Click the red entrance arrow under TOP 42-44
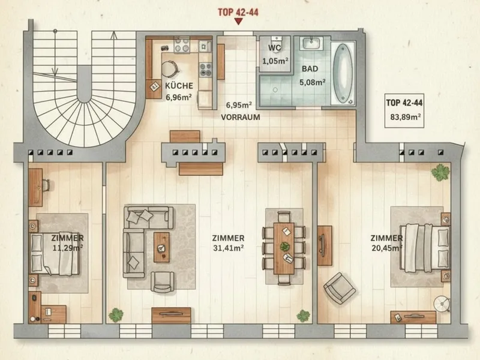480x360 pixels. pyautogui.click(x=238, y=22)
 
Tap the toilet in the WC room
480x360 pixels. pyautogui.click(x=277, y=41)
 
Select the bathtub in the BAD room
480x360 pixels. pyautogui.click(x=343, y=74)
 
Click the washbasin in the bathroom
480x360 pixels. pyautogui.click(x=311, y=43)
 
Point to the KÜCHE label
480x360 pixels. pyautogui.click(x=179, y=86)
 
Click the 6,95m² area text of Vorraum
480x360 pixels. pyautogui.click(x=239, y=106)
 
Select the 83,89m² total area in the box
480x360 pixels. pyautogui.click(x=406, y=116)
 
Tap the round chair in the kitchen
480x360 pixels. pyautogui.click(x=169, y=69)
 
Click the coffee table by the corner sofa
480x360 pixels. pyautogui.click(x=161, y=247)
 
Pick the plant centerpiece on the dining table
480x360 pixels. pyautogui.click(x=284, y=246)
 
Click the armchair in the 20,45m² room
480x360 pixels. pyautogui.click(x=340, y=289)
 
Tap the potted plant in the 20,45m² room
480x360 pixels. pyautogui.click(x=440, y=172)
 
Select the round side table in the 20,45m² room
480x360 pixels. pyautogui.click(x=442, y=304)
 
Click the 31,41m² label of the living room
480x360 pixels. pyautogui.click(x=229, y=248)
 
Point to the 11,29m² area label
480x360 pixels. pyautogui.click(x=68, y=248)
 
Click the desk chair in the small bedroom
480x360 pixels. pyautogui.click(x=46, y=185)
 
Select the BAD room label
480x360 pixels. pyautogui.click(x=310, y=69)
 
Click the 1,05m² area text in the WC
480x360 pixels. pyautogui.click(x=275, y=61)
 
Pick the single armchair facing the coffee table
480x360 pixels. pyautogui.click(x=163, y=282)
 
